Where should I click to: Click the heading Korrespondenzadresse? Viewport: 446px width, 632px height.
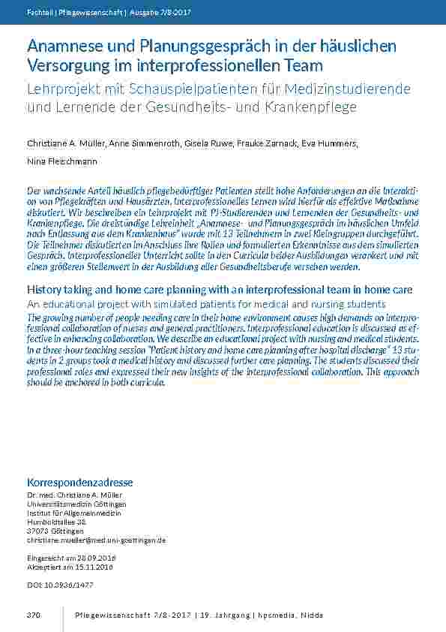point(79,482)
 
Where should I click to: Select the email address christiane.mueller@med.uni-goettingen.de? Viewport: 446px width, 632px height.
point(96,540)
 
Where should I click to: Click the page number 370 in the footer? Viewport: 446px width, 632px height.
point(33,615)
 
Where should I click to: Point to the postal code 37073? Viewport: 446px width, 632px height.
point(39,531)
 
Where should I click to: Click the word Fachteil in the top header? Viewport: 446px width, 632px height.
point(38,12)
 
